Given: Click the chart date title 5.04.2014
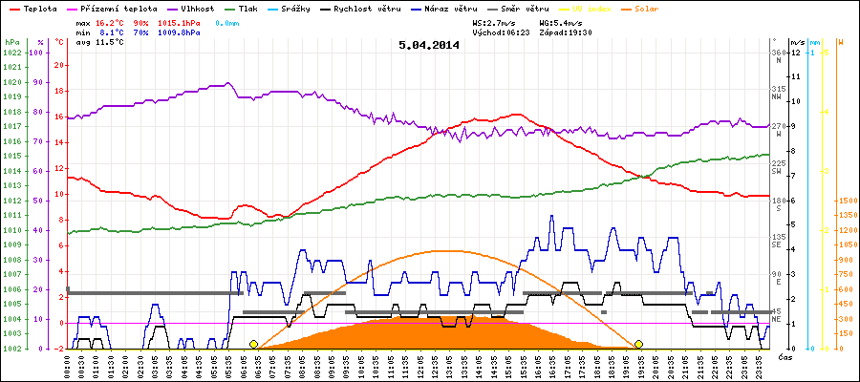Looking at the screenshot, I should click(429, 44).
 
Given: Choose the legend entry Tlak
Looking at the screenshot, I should click(253, 8).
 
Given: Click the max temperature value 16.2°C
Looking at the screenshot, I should click(110, 21).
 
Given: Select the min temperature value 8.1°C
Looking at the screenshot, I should click(110, 32).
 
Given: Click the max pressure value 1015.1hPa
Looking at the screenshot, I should click(179, 21).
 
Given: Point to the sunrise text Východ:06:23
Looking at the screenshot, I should click(500, 32).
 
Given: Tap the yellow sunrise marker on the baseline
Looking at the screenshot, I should click(253, 344).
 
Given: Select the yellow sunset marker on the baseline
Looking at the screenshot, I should click(638, 344).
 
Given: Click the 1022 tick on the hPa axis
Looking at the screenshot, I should click(11, 53).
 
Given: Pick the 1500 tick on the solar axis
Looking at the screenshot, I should click(847, 201).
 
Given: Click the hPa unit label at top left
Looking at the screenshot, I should click(11, 42).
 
